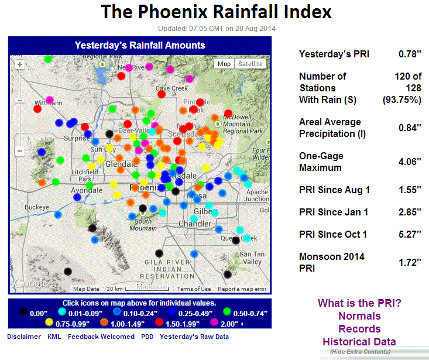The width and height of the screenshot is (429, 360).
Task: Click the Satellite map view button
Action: coord(250,64)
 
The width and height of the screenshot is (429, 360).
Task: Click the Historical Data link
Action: coord(359,341)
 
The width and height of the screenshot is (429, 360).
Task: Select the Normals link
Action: coord(359,316)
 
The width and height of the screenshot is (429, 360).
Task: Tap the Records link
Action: coord(359,329)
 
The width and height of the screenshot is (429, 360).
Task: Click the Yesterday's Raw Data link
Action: coord(194,337)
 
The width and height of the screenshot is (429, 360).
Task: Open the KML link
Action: coord(54,337)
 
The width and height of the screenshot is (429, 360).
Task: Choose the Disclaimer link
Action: coord(24,337)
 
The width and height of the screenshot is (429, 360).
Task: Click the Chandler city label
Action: coord(194,224)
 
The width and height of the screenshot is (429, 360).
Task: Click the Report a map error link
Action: coord(242,289)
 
